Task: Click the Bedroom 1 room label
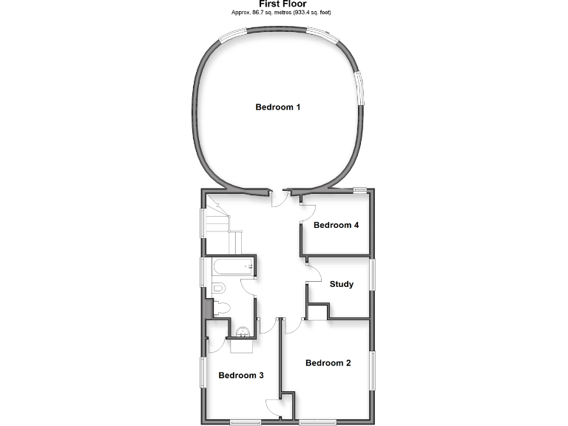click(277, 107)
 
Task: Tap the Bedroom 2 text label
click(328, 363)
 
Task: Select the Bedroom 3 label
click(241, 376)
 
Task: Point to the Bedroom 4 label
click(336, 225)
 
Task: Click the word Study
click(341, 284)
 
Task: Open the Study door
click(314, 271)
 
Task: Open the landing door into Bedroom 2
click(294, 326)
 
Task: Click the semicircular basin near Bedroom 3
click(243, 332)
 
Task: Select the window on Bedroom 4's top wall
click(360, 190)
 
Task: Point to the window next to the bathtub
click(203, 271)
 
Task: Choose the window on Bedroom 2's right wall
click(372, 369)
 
